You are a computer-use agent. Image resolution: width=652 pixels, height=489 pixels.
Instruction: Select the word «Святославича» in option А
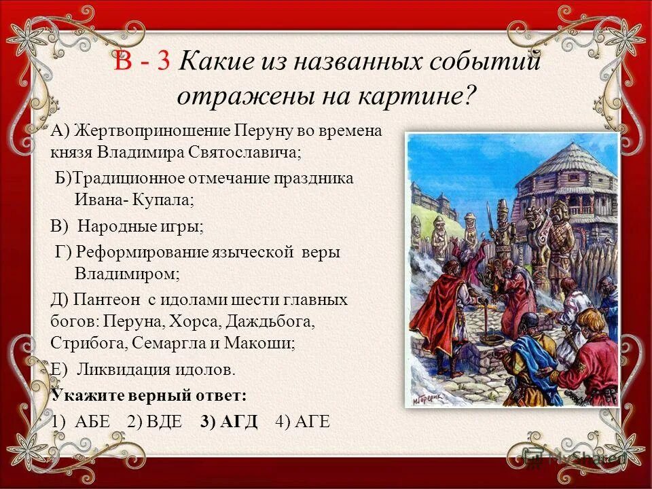(245, 152)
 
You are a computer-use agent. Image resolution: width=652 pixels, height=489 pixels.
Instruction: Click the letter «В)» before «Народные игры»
(60, 225)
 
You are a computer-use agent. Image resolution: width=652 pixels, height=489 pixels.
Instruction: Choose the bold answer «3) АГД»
(229, 420)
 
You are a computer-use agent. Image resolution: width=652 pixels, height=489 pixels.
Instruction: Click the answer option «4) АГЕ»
(302, 420)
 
